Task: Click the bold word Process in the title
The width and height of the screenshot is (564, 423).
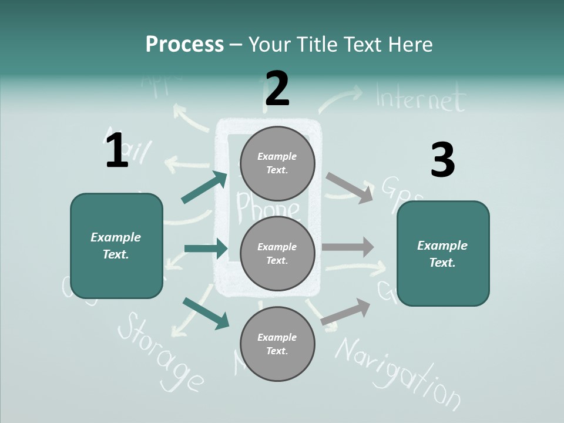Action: (184, 45)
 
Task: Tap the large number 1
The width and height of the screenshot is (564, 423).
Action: (116, 150)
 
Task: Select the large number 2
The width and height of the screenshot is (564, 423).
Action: (277, 89)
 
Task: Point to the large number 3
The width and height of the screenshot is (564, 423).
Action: (442, 160)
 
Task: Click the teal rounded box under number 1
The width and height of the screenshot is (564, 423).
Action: (116, 246)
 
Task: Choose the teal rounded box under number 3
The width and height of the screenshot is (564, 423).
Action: (443, 254)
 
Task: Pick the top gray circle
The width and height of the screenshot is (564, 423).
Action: (277, 163)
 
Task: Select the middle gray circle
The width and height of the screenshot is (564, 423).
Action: (277, 254)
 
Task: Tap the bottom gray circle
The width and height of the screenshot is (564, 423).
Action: (277, 344)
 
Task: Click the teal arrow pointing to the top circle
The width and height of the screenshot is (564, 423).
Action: (204, 187)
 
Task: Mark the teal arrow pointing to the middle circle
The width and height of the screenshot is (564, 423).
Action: (206, 249)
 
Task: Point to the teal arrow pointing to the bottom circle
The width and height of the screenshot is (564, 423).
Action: (206, 313)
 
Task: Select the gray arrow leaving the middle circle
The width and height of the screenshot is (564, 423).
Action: (348, 247)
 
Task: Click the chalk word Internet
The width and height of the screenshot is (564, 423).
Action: (419, 99)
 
